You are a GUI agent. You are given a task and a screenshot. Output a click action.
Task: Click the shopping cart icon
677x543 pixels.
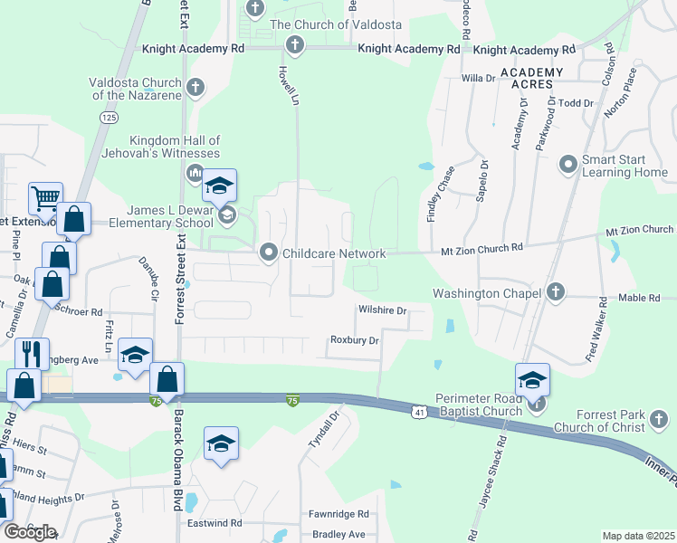coord(45,195)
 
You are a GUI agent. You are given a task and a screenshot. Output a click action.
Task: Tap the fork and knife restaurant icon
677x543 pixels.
coord(33,353)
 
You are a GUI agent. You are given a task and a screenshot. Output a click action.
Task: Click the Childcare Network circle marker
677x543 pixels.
coord(268,252)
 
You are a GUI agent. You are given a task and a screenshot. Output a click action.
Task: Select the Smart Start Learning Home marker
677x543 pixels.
coord(568,164)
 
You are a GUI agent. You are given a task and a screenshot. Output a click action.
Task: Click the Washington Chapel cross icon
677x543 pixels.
coord(557,292)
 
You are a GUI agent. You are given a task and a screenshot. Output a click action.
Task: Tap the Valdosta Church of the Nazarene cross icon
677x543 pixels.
coord(195,88)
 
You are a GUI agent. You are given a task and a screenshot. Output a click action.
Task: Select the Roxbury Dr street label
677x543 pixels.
coord(354,340)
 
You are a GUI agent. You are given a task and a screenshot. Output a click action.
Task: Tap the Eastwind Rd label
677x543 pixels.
coord(215,523)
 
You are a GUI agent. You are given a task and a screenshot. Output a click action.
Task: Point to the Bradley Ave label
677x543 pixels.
coord(338,535)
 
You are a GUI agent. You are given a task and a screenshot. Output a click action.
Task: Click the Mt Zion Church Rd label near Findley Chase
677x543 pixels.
coord(482,247)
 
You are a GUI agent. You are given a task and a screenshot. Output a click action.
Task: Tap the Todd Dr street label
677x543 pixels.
coord(576,103)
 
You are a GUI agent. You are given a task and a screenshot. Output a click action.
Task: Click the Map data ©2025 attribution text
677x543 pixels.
coord(638,536)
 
